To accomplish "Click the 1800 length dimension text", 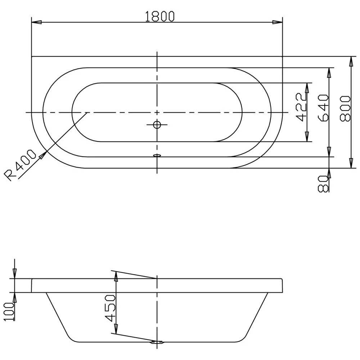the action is (160, 17).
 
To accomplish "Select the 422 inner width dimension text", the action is (301, 107).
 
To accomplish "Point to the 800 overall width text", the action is (345, 109).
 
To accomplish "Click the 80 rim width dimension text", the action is (323, 184).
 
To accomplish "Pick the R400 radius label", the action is (20, 165).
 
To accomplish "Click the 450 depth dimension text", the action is (110, 309).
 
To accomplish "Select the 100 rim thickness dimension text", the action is (9, 311).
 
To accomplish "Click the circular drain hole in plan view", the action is (157, 125).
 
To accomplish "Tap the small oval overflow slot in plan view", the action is (157, 156).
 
